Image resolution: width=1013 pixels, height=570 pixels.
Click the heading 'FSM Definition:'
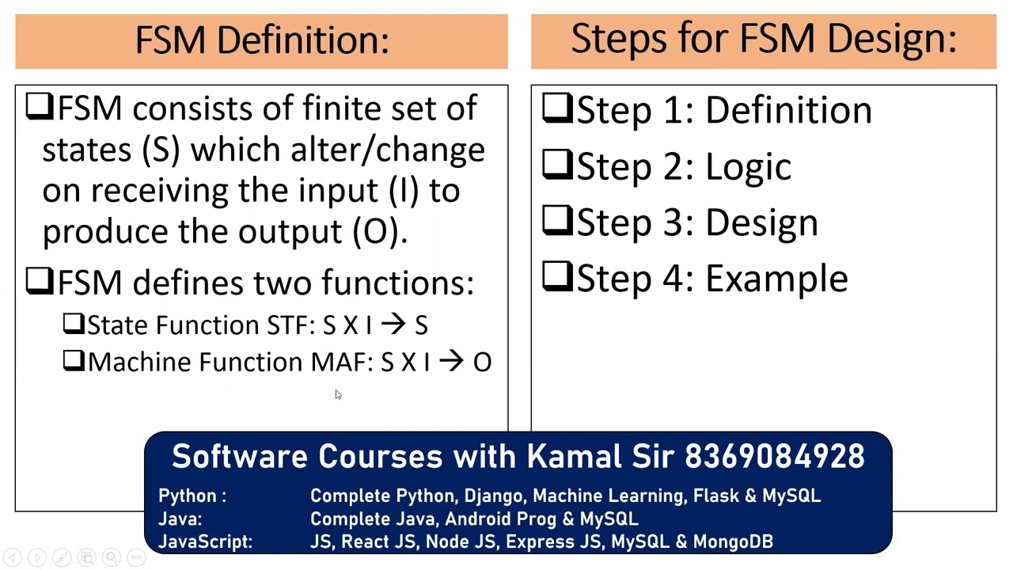[262, 40]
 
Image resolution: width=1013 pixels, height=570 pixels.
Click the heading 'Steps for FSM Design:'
[764, 39]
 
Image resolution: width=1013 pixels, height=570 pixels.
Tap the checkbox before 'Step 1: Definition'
[557, 109]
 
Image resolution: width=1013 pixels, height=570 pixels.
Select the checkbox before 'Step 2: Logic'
[557, 165]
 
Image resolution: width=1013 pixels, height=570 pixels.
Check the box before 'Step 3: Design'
[557, 222]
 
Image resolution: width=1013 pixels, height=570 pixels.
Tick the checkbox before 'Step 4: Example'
[557, 278]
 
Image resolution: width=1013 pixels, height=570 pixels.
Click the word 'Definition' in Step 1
[788, 110]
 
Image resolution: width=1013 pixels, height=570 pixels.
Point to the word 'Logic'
[748, 167]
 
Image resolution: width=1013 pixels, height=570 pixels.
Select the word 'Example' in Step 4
[776, 279]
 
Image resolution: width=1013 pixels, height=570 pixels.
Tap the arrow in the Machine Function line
[451, 362]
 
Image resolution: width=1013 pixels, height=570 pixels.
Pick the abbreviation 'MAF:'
[341, 362]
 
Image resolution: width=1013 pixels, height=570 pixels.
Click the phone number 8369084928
[775, 457]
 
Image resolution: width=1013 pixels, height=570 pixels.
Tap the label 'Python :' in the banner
[192, 496]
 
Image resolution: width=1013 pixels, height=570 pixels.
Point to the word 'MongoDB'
[733, 541]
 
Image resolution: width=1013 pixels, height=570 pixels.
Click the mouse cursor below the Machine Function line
[338, 395]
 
